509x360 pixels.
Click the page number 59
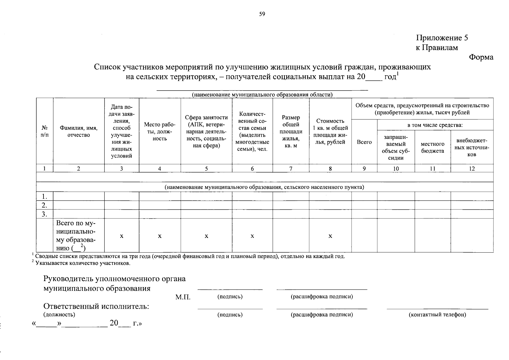click(262, 14)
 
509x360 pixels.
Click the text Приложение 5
click(442, 38)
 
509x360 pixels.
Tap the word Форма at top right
click(481, 57)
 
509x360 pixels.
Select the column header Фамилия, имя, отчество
click(79, 131)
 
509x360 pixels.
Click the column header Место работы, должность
click(160, 131)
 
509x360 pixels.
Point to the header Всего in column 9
click(364, 142)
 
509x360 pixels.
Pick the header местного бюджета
click(432, 147)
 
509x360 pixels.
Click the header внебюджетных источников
click(472, 147)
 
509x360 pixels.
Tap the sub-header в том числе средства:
click(435, 125)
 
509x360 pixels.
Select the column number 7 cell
click(291, 169)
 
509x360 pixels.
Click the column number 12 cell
click(472, 169)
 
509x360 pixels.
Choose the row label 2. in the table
click(45, 205)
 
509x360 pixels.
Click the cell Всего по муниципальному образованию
click(76, 236)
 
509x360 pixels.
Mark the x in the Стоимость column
click(330, 236)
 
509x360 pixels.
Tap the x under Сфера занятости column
click(206, 236)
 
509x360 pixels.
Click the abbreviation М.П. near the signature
click(183, 297)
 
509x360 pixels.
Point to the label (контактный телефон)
click(437, 315)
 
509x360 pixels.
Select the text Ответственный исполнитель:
click(96, 306)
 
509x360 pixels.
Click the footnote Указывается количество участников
click(82, 263)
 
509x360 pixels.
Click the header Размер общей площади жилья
click(291, 131)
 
